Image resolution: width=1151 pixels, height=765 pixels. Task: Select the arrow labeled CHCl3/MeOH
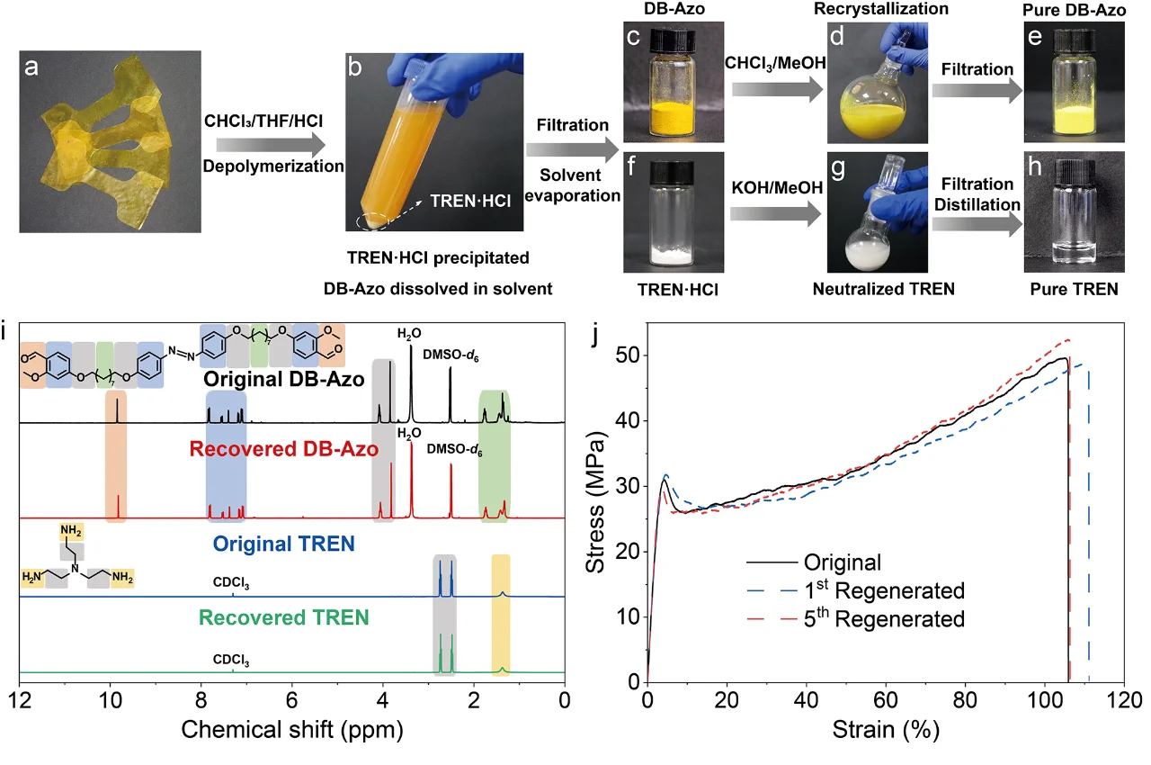tap(774, 88)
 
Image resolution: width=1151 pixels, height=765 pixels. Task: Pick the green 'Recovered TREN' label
tap(283, 618)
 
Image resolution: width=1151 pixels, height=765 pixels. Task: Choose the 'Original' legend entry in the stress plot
tap(842, 563)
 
